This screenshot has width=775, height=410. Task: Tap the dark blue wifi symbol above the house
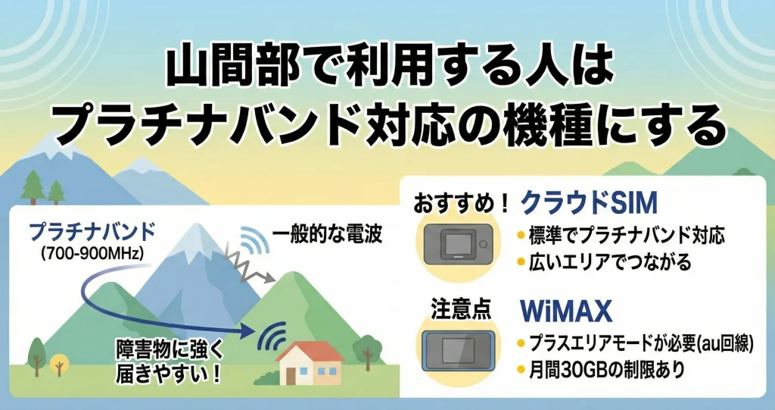(274, 335)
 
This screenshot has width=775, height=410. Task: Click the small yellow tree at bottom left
(58, 367)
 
